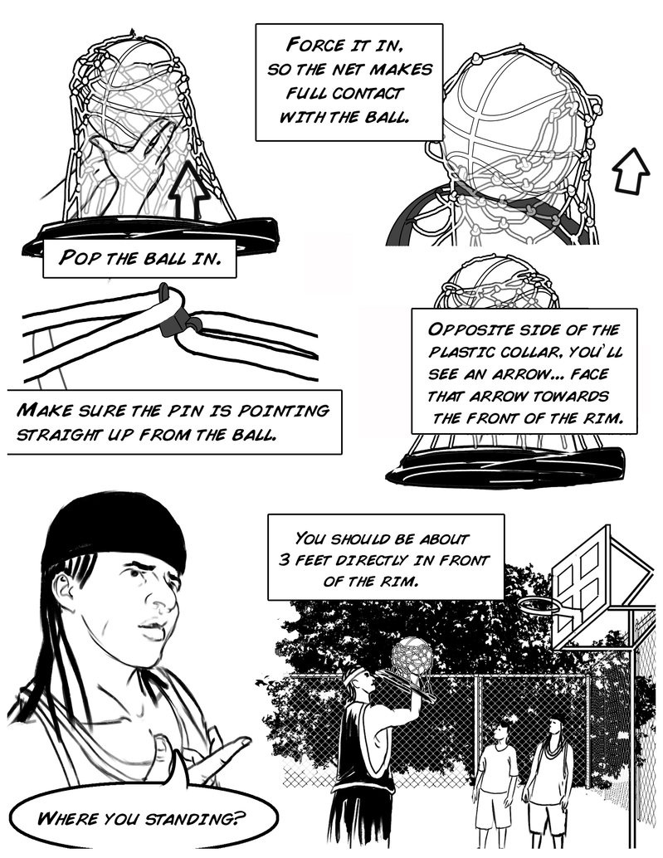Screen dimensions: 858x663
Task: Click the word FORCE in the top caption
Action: click(315, 44)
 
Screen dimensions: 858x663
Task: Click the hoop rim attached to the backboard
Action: click(539, 605)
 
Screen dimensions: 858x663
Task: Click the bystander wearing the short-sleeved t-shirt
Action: click(497, 772)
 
